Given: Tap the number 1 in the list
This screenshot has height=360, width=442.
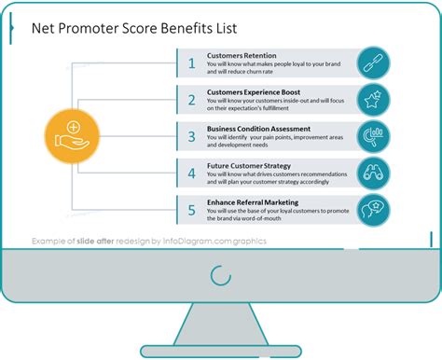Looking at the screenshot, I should pyautogui.click(x=192, y=62).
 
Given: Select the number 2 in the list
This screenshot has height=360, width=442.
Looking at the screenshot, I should pyautogui.click(x=192, y=100).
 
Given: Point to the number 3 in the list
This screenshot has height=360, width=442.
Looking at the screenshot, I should pyautogui.click(x=192, y=136).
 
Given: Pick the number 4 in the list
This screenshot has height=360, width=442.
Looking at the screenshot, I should pyautogui.click(x=192, y=173).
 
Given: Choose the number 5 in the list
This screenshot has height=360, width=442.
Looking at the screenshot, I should pyautogui.click(x=192, y=209).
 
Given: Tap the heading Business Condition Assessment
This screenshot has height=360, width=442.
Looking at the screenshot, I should pyautogui.click(x=258, y=129).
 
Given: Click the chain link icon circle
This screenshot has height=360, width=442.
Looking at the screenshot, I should pyautogui.click(x=374, y=62).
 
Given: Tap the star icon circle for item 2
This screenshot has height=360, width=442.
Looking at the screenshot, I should pyautogui.click(x=374, y=100).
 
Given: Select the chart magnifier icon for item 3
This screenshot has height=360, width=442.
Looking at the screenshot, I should pyautogui.click(x=374, y=136).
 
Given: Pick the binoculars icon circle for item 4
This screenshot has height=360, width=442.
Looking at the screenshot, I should pyautogui.click(x=374, y=173).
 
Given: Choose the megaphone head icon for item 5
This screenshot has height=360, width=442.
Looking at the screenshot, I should pyautogui.click(x=374, y=209).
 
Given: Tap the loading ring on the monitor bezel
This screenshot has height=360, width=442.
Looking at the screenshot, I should pyautogui.click(x=220, y=274).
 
